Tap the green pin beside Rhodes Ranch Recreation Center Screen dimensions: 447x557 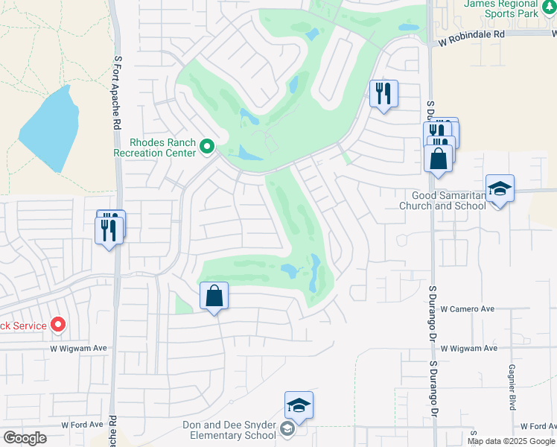tap(208, 148)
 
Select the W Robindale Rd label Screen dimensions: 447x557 tap(472, 34)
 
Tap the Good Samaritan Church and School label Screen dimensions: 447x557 tap(443, 200)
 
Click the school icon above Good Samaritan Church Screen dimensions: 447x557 tap(500, 189)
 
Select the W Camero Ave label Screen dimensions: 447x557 tap(468, 308)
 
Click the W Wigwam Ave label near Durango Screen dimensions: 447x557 tap(468, 348)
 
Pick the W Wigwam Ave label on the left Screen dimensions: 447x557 tap(79, 348)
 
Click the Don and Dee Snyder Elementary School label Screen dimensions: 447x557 tap(229, 430)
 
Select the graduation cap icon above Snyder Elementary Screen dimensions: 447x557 tap(299, 405)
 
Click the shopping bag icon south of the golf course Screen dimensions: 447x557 tap(214, 296)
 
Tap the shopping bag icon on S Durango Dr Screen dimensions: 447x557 tap(438, 158)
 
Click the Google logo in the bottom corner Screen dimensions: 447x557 tap(25, 438)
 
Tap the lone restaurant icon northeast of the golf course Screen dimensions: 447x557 tap(383, 94)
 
